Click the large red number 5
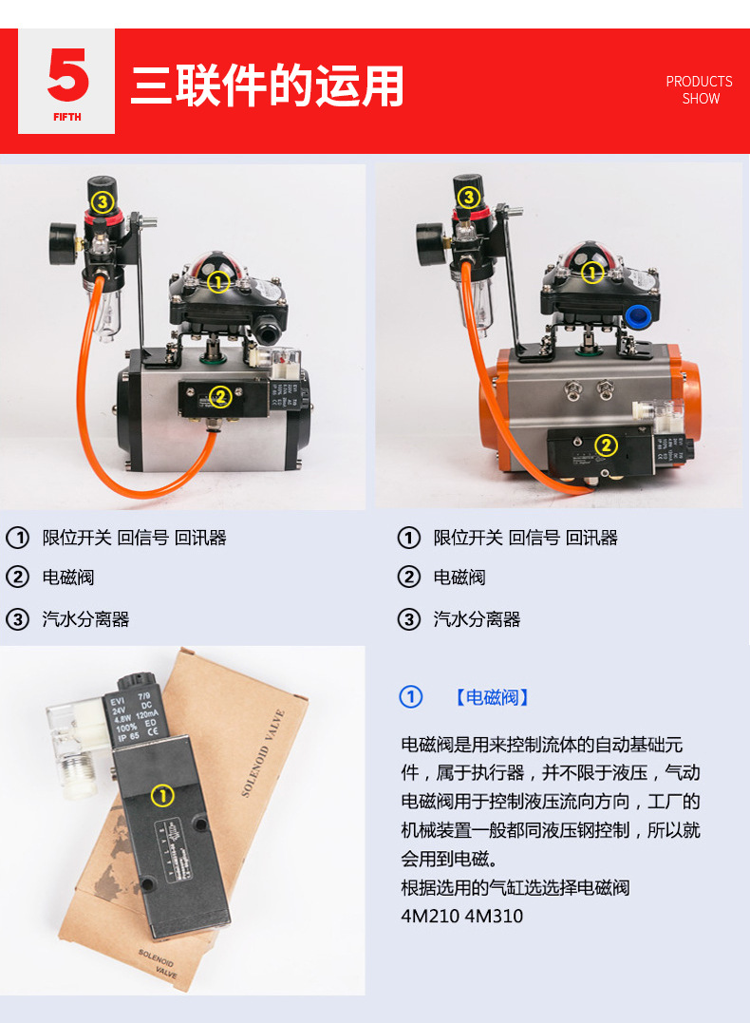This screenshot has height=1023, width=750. coord(67,76)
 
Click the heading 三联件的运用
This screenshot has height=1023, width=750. coord(267,86)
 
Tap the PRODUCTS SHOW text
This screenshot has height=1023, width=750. coord(700,90)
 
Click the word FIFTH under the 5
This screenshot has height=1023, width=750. coord(67,117)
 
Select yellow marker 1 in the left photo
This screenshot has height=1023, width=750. coord(219,282)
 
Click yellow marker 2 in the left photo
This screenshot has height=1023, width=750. coord(219,397)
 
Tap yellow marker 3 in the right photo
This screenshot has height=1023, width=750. coord(468,198)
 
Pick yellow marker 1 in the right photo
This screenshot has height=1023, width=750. coord(592,274)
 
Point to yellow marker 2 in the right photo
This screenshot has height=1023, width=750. coord(606,445)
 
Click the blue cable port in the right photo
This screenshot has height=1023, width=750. coord(642,315)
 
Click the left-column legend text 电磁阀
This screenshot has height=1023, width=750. coord(68,578)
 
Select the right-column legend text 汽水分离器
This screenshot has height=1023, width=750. coord(478,620)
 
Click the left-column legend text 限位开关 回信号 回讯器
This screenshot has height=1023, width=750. coord(134,538)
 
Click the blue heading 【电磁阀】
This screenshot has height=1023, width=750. coord(492,698)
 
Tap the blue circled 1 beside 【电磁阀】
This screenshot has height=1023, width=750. coord(410,697)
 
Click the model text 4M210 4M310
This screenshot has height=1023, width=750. coord(461,917)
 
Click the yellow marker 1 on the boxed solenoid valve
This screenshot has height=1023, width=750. coord(162,796)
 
